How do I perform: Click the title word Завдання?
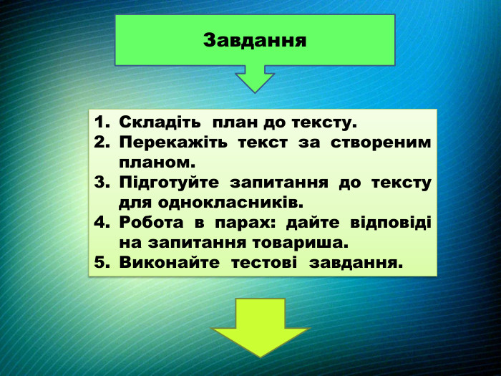(255, 39)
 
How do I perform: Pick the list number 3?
(100, 183)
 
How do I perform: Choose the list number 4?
(100, 223)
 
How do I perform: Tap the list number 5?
(100, 262)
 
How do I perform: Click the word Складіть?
(160, 122)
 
